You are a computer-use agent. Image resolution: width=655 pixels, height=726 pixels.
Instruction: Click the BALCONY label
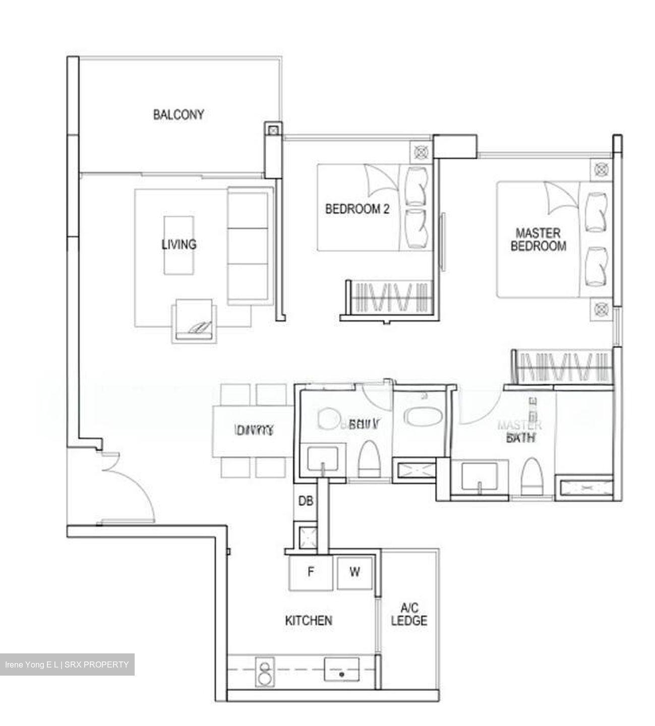click(x=178, y=114)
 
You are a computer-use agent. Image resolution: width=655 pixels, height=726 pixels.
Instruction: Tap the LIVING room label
click(x=178, y=245)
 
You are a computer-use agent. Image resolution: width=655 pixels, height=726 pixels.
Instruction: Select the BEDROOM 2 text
click(x=357, y=209)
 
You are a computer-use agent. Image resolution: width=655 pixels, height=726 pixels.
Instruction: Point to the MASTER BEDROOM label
click(x=538, y=239)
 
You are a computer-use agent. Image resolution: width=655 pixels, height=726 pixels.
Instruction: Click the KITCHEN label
click(x=309, y=620)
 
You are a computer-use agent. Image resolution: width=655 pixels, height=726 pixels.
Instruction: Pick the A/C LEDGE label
click(x=409, y=614)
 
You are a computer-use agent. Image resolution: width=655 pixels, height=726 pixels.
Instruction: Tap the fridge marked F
click(x=311, y=572)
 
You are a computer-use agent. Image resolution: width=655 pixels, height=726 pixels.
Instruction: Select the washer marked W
click(x=355, y=572)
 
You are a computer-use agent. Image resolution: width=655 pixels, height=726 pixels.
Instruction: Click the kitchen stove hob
click(x=264, y=672)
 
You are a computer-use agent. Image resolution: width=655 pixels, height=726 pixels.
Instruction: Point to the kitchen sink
click(x=341, y=670)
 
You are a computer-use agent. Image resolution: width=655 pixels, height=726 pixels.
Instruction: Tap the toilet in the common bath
click(x=369, y=459)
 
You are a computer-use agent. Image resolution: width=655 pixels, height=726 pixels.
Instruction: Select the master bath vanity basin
click(x=479, y=477)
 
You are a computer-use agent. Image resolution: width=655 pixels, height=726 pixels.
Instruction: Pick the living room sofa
click(x=248, y=246)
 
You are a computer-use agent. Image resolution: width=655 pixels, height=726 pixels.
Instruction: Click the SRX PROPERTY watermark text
click(x=67, y=664)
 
